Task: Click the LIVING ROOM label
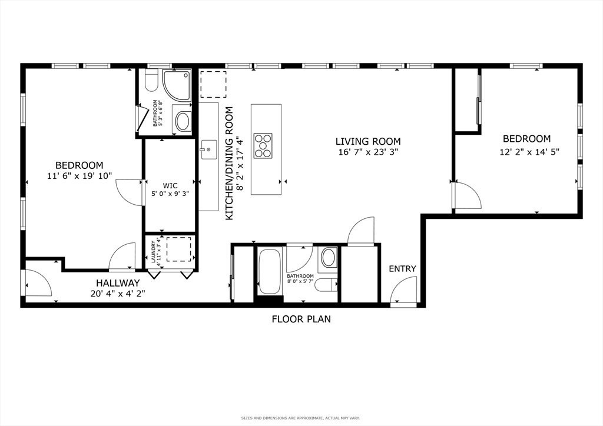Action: (368, 141)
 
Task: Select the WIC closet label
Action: (170, 185)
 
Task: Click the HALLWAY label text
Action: (118, 283)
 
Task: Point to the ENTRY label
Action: (402, 269)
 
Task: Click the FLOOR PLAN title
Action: (301, 319)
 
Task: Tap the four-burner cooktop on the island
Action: (263, 145)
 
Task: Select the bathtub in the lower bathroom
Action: (270, 271)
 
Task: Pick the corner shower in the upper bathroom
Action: (177, 84)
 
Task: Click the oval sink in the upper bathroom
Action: (183, 122)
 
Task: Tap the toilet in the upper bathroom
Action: (150, 81)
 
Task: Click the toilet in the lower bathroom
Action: (326, 285)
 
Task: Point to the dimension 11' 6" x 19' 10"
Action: (79, 176)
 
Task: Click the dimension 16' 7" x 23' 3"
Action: (368, 152)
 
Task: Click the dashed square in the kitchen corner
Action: (213, 84)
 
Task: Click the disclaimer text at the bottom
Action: (301, 418)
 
